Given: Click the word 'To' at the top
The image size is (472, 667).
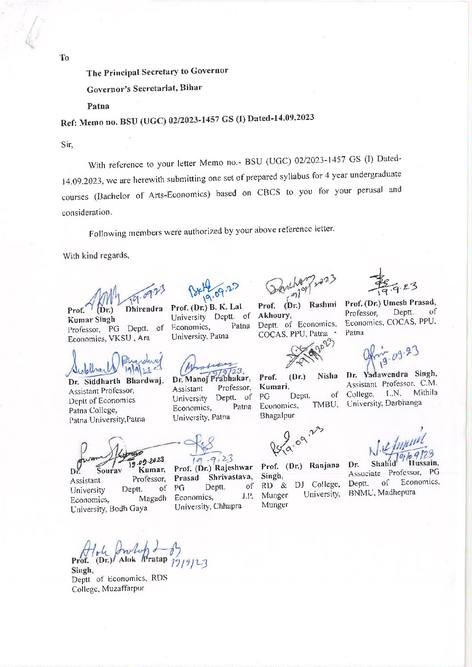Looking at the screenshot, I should [64, 58].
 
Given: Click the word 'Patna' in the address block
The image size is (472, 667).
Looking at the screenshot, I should [98, 106].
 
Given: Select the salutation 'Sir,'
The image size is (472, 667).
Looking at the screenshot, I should [67, 144].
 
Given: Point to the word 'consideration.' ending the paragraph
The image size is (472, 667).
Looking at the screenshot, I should [87, 213].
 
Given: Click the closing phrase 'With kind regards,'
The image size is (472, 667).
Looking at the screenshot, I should [96, 255].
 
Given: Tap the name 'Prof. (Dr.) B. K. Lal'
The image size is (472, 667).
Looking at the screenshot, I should [206, 307].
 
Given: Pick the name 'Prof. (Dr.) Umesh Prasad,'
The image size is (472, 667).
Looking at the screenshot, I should [390, 303].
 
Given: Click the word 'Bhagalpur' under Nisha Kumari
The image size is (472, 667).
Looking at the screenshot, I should [277, 416].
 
